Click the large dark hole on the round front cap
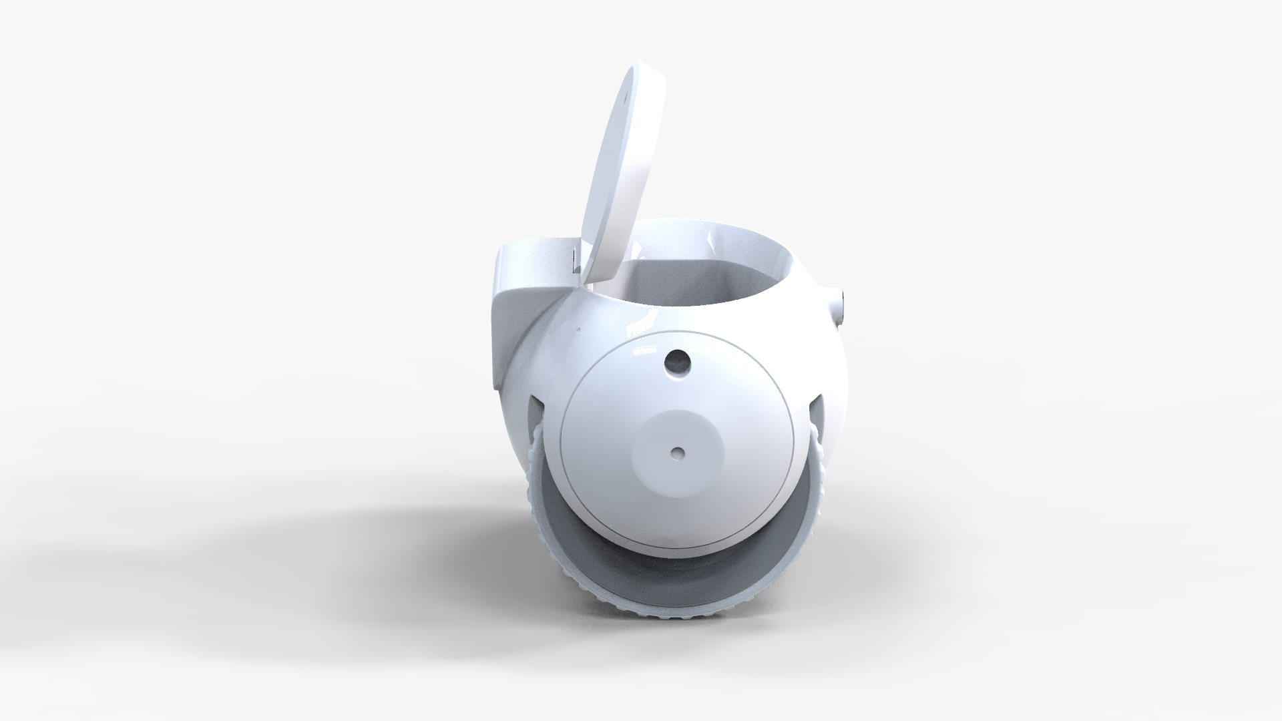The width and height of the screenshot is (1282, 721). (x=678, y=362)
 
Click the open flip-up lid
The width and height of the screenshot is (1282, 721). (x=621, y=174)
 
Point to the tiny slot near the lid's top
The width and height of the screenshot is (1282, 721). (x=627, y=95)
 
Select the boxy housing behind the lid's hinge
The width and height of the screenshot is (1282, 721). (x=531, y=267)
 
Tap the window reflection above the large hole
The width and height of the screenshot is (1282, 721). (x=645, y=349)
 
